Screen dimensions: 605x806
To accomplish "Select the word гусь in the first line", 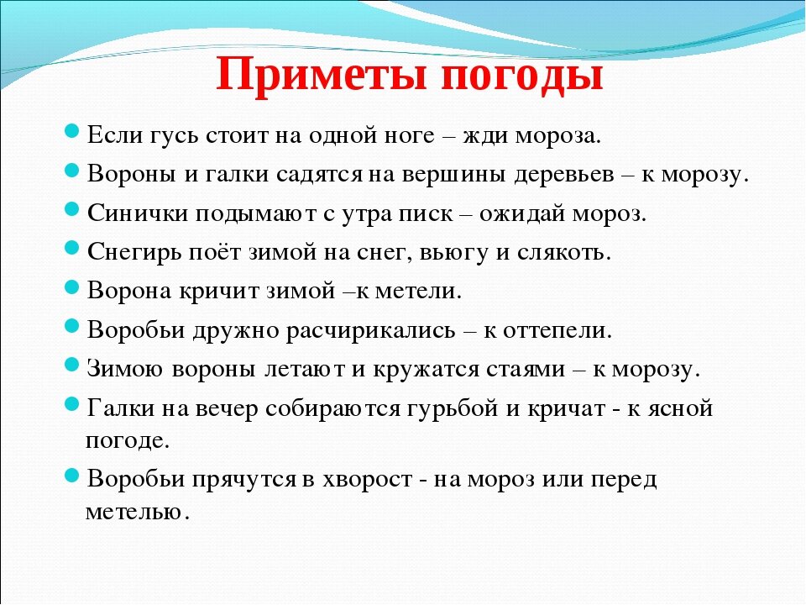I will point(167,135).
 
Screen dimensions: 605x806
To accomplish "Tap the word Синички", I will point(137,213).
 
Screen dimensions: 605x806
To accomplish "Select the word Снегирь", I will point(134,251).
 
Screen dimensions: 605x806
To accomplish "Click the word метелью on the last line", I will point(134,511).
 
